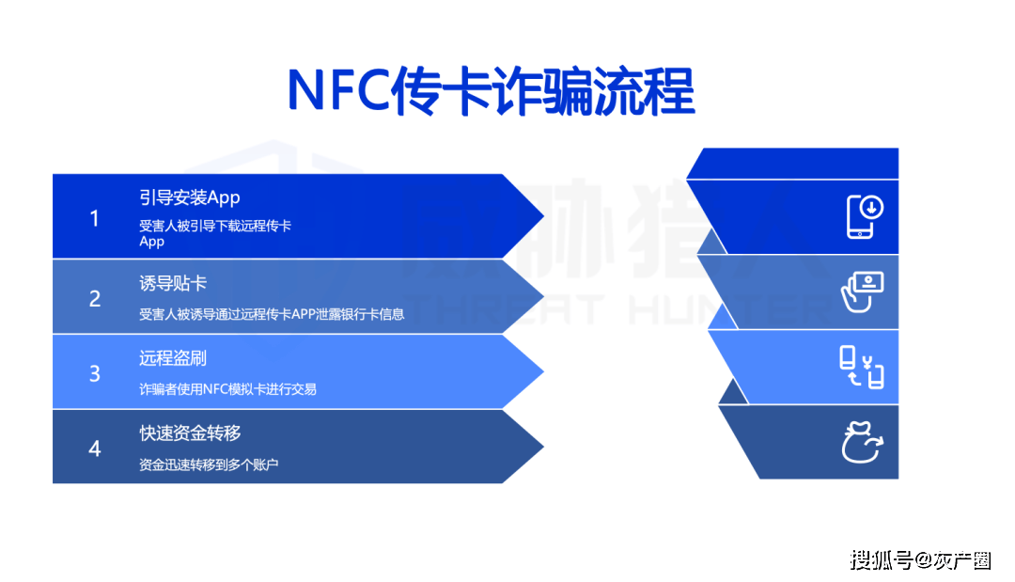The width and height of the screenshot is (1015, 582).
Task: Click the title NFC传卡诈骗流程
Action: pyautogui.click(x=492, y=91)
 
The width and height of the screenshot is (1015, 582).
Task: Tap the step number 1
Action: pyautogui.click(x=95, y=219)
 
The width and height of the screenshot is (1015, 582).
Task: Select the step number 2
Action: pyautogui.click(x=95, y=298)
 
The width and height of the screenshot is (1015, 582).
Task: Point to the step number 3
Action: pyautogui.click(x=95, y=373)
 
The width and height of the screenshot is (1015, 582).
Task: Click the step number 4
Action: pyautogui.click(x=95, y=448)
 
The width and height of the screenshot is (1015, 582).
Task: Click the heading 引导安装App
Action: pyautogui.click(x=190, y=197)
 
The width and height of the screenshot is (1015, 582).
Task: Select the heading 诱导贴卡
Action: pyautogui.click(x=173, y=283)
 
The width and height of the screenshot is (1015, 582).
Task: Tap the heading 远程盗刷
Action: pyautogui.click(x=173, y=358)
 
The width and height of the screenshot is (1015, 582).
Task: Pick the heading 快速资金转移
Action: pyautogui.click(x=190, y=433)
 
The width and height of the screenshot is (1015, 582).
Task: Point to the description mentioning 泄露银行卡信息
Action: pyautogui.click(x=272, y=315)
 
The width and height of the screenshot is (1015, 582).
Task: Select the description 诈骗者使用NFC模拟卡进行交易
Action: pyautogui.click(x=227, y=389)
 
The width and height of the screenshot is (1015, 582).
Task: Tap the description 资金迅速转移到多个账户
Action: pyautogui.click(x=209, y=464)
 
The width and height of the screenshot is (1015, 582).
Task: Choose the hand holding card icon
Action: pyautogui.click(x=862, y=292)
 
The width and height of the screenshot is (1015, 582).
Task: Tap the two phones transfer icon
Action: pyautogui.click(x=862, y=367)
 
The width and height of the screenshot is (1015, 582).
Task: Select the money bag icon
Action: pyautogui.click(x=862, y=442)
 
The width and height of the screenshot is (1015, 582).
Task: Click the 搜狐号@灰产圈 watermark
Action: pyautogui.click(x=920, y=560)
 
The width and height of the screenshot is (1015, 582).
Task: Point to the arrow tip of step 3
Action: pyautogui.click(x=543, y=371)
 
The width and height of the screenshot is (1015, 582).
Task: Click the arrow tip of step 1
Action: pyautogui.click(x=543, y=216)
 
